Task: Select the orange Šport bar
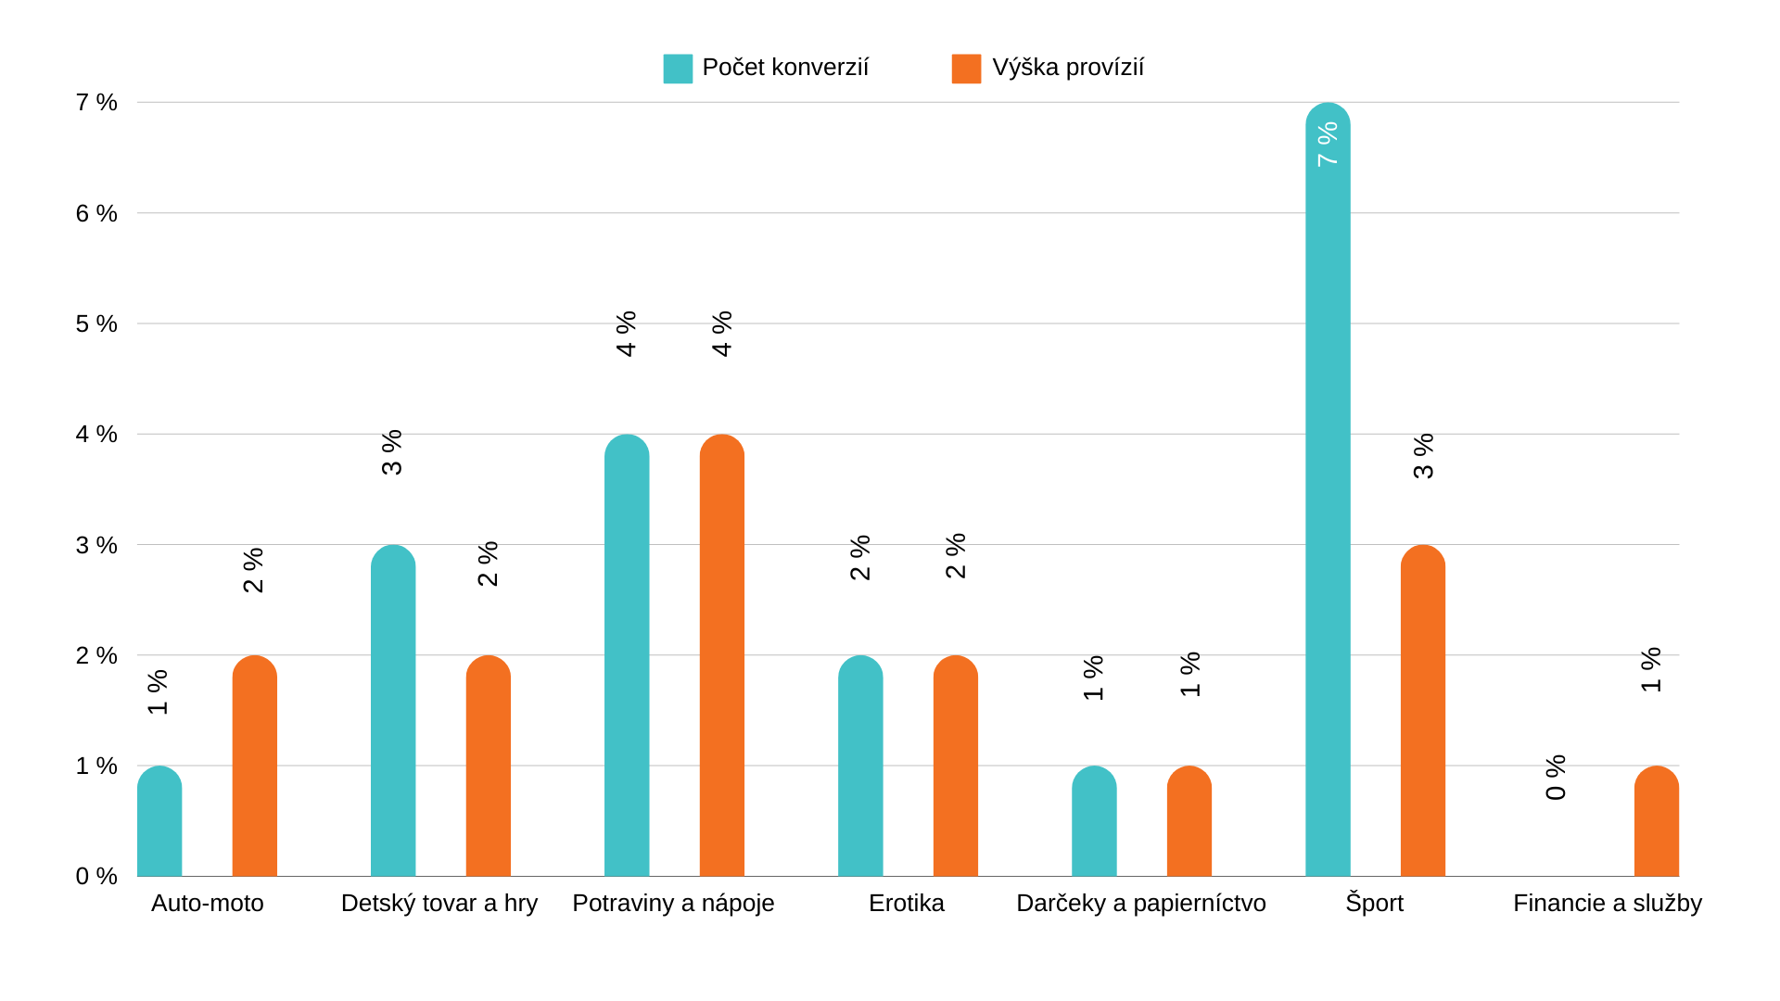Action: [1422, 714]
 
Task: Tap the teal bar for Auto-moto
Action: [159, 823]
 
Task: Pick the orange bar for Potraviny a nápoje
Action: [721, 658]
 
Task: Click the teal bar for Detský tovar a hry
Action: [393, 714]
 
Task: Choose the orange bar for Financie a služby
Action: [1656, 823]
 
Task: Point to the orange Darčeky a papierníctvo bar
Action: [1189, 823]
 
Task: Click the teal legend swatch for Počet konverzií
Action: [678, 69]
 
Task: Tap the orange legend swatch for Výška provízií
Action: [966, 69]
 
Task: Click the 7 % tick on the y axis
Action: [96, 102]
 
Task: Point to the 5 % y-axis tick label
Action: [96, 323]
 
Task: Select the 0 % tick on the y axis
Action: [96, 876]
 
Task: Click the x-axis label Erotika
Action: [906, 903]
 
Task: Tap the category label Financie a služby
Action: [1607, 903]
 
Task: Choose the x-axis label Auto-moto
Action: [207, 903]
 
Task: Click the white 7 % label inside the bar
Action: [1328, 145]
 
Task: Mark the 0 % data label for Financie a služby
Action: [1556, 778]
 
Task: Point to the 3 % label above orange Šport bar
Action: [1423, 456]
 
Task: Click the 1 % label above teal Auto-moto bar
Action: [159, 692]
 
